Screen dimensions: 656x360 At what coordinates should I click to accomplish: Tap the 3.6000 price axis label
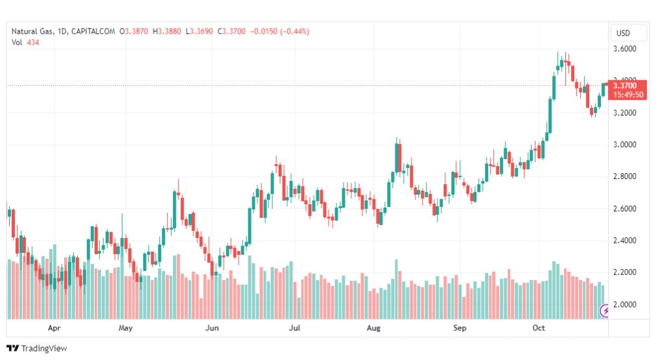pyautogui.click(x=625, y=49)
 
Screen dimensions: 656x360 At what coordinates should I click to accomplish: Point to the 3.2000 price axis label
pyautogui.click(x=625, y=113)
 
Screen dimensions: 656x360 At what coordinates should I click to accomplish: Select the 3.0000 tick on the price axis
pyautogui.click(x=625, y=145)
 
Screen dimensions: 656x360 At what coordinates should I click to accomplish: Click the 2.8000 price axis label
pyautogui.click(x=625, y=176)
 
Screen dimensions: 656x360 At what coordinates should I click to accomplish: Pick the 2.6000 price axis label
pyautogui.click(x=625, y=208)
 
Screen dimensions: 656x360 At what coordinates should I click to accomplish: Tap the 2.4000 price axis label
pyautogui.click(x=625, y=240)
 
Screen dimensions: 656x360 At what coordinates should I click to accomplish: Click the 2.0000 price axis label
pyautogui.click(x=625, y=304)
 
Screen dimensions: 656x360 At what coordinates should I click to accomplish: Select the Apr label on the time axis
pyautogui.click(x=54, y=328)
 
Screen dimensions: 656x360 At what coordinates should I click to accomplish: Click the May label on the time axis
pyautogui.click(x=126, y=328)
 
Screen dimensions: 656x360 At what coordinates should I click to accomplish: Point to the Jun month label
pyautogui.click(x=212, y=328)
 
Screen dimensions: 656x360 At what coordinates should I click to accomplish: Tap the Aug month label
pyautogui.click(x=373, y=328)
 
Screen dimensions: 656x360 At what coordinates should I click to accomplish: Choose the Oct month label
pyautogui.click(x=539, y=328)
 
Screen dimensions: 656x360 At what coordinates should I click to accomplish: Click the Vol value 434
pyautogui.click(x=32, y=42)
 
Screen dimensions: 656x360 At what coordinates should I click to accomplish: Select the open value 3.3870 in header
pyautogui.click(x=136, y=31)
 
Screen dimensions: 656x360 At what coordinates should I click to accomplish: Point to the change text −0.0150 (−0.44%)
pyautogui.click(x=279, y=31)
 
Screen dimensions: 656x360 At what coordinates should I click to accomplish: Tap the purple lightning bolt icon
pyautogui.click(x=604, y=311)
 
